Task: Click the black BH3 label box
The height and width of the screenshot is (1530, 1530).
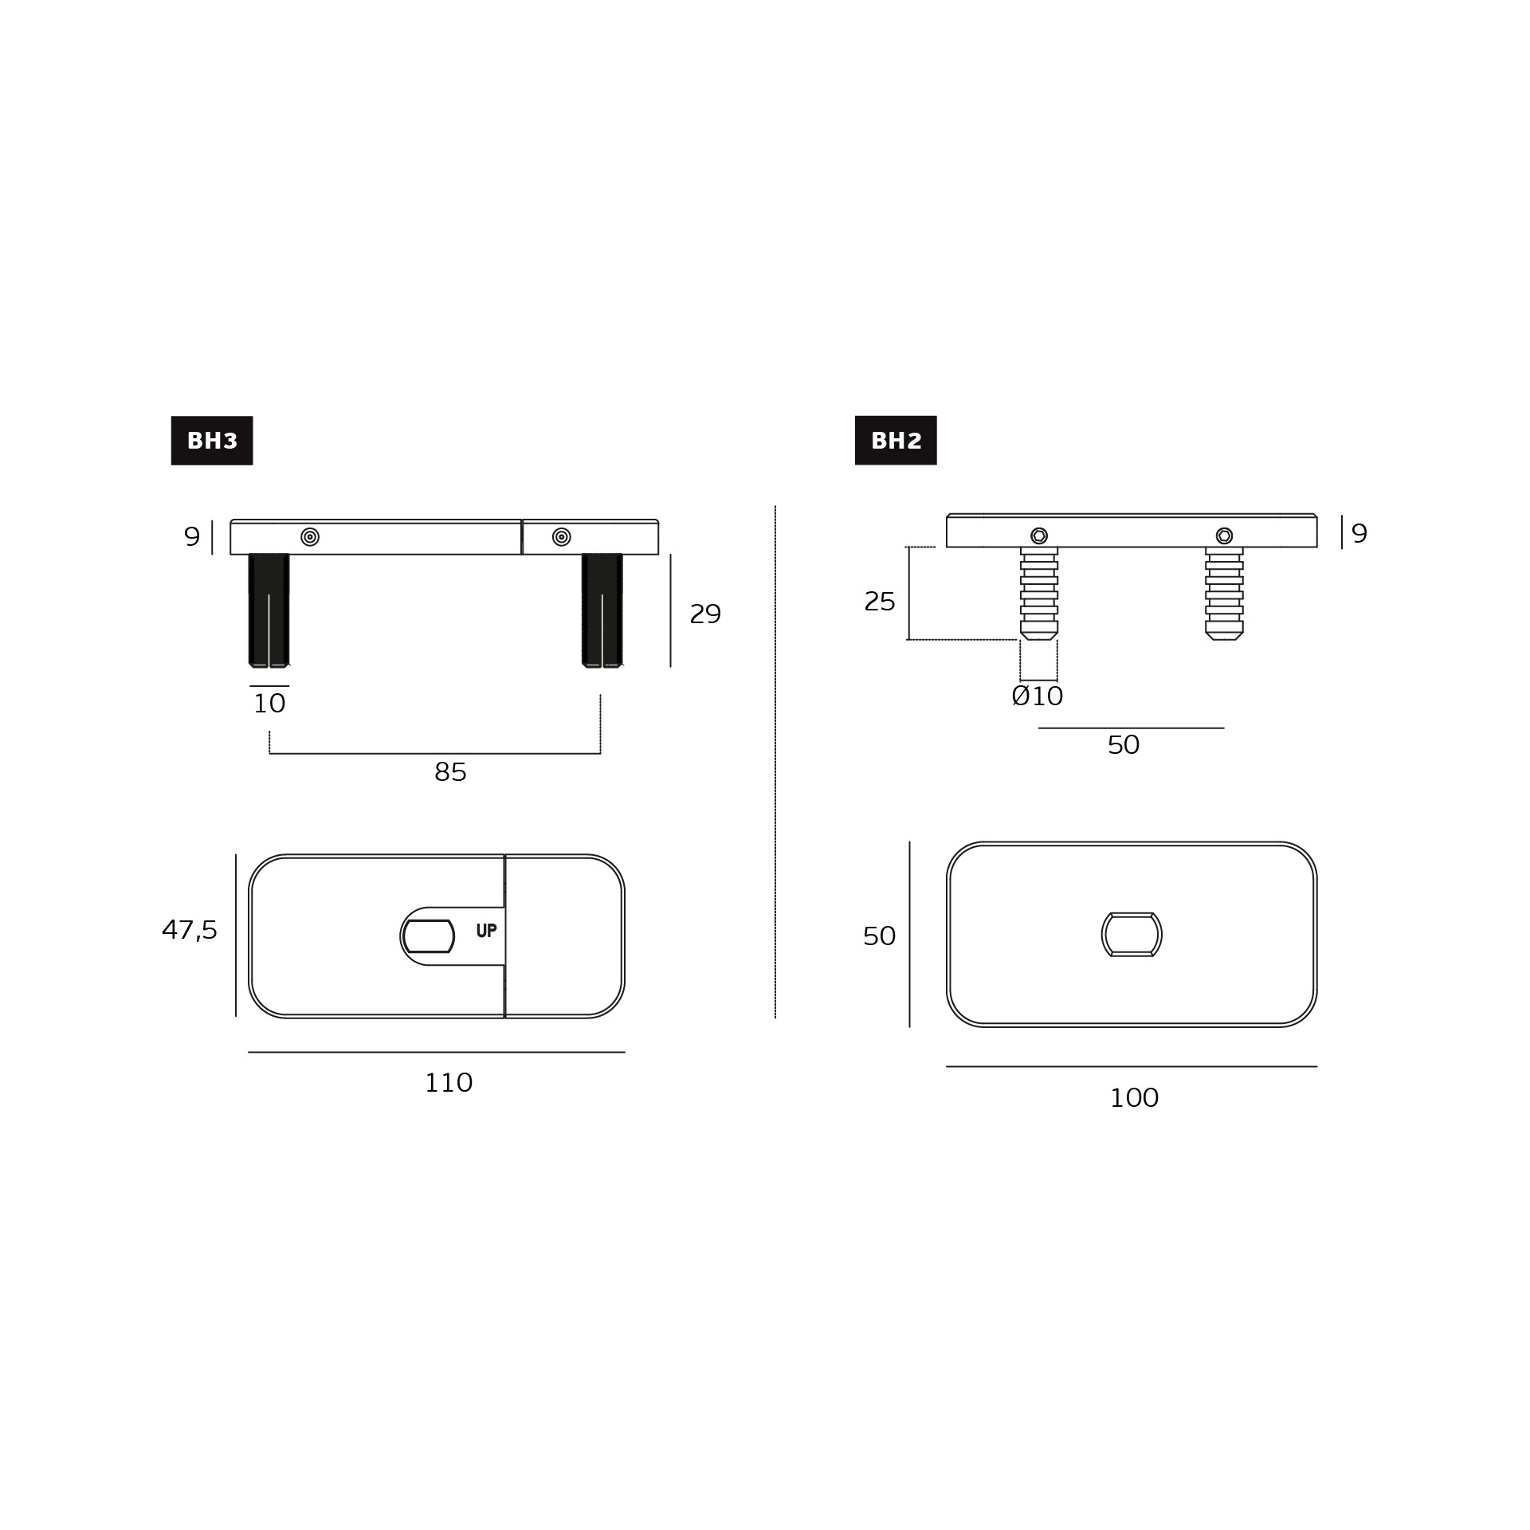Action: pos(212,441)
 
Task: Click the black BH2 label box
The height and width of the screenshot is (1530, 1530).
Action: pos(896,441)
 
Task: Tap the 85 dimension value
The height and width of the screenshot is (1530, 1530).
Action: pos(450,772)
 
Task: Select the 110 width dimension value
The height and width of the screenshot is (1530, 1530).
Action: pos(449,1083)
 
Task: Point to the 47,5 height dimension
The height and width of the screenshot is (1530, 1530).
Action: pos(190,930)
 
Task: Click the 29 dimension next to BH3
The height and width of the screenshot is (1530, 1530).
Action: pos(705,614)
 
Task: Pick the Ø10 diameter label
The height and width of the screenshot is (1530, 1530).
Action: pos(1038,696)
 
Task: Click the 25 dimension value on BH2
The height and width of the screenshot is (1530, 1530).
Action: pos(880,602)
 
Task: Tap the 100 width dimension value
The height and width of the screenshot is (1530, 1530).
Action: pos(1134,1098)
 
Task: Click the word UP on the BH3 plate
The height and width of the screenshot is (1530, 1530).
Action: pos(486,931)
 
